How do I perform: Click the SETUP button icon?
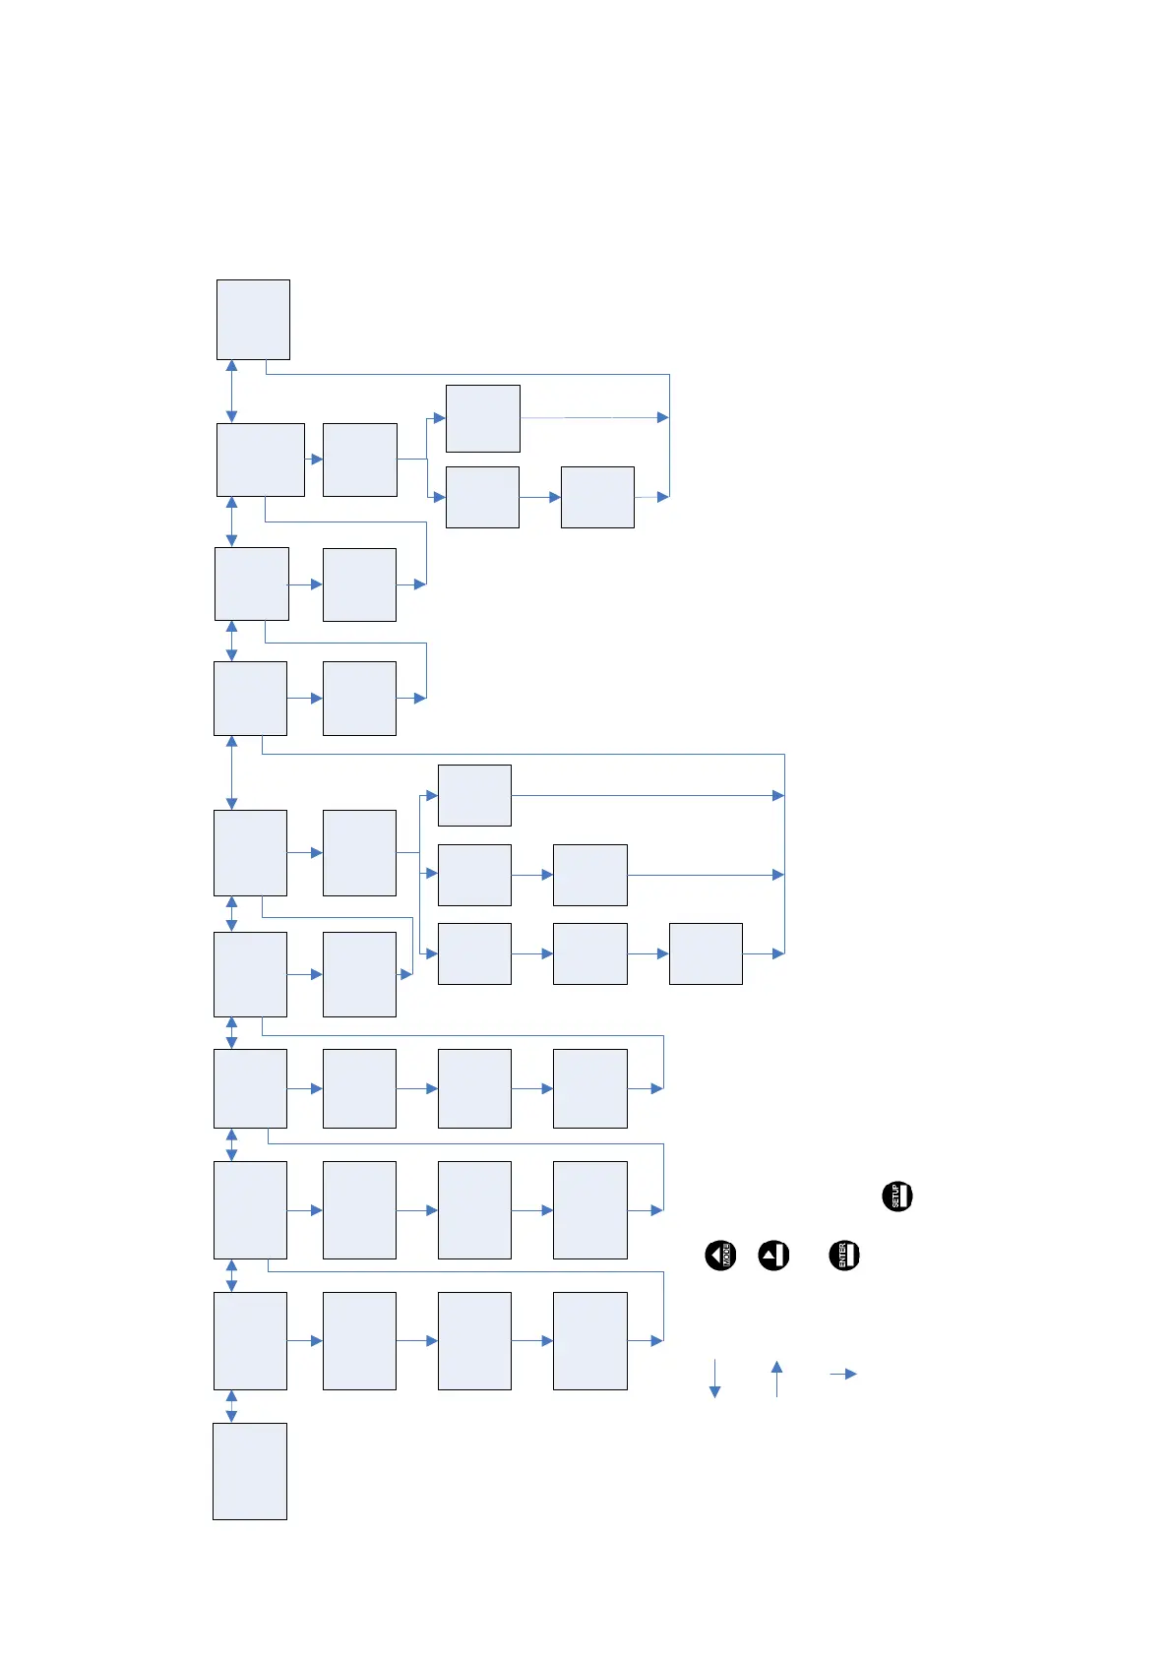(x=897, y=1196)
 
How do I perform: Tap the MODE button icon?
(x=720, y=1256)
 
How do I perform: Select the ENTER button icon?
(x=844, y=1256)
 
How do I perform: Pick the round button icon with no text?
(x=773, y=1256)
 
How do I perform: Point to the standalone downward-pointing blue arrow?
(x=714, y=1378)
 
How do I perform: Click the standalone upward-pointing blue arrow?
(x=776, y=1378)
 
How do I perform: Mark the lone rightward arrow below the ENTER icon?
(x=843, y=1374)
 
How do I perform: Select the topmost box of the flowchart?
(x=253, y=320)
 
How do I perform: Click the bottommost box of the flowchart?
(x=250, y=1471)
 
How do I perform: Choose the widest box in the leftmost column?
(x=260, y=460)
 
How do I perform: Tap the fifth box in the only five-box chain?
(x=706, y=953)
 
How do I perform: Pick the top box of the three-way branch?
(x=474, y=795)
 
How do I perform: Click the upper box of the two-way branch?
(x=482, y=418)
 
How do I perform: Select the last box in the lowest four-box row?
(x=589, y=1340)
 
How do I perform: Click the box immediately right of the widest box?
(x=359, y=460)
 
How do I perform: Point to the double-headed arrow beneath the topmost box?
(x=231, y=391)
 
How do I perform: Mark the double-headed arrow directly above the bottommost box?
(x=231, y=1406)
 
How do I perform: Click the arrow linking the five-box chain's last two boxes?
(x=647, y=953)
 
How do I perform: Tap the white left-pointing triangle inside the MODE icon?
(x=715, y=1256)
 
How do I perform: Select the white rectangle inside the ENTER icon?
(x=852, y=1256)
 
